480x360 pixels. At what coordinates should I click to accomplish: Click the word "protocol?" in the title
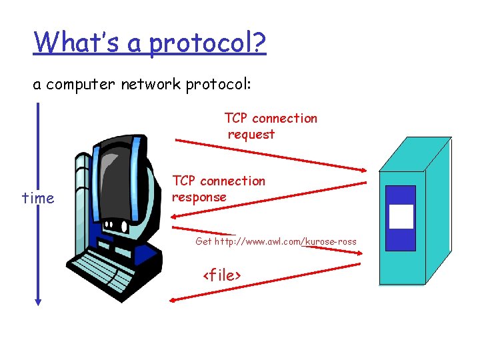tap(207, 43)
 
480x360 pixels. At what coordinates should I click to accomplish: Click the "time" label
tap(38, 198)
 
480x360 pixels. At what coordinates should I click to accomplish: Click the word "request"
tap(251, 135)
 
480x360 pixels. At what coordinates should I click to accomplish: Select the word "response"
tap(199, 197)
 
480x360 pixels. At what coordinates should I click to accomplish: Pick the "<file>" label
tap(221, 275)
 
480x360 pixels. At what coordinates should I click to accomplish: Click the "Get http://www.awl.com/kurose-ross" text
tap(275, 241)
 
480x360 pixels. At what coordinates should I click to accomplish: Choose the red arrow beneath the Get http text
tap(333, 249)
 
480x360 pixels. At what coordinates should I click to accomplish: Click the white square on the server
tap(401, 216)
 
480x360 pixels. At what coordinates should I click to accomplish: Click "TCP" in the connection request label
tap(236, 119)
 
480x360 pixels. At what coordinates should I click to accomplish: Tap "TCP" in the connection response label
tap(184, 181)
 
